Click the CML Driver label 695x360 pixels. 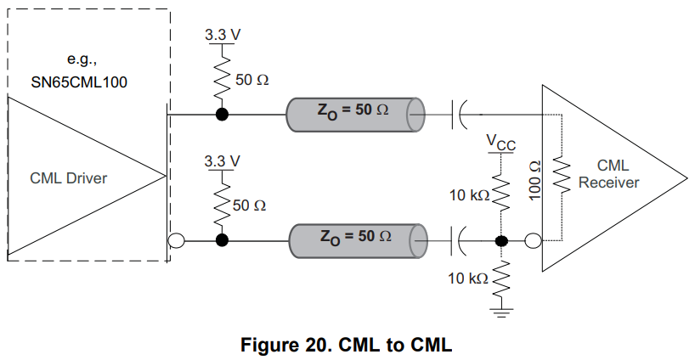pos(68,177)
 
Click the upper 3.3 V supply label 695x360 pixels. pos(223,36)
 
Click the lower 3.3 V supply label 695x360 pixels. pos(223,160)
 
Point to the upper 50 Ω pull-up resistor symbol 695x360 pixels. pos(223,78)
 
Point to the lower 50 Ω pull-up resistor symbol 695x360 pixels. pos(223,204)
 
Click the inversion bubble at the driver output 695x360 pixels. pos(177,240)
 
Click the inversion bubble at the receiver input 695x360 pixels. pos(533,240)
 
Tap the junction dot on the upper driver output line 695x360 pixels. pos(223,115)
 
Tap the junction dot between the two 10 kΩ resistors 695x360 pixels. pos(500,240)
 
